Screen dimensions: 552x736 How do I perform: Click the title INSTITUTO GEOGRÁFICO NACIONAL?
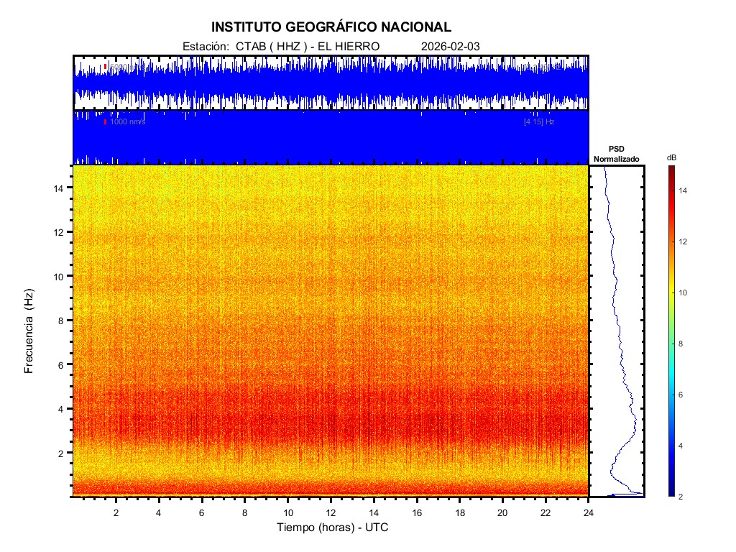[x=331, y=27]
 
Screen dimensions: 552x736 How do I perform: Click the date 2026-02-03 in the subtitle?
[x=450, y=46]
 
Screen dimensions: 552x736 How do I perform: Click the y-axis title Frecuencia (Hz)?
[x=29, y=331]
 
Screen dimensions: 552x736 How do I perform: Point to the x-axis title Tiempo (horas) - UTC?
[x=333, y=528]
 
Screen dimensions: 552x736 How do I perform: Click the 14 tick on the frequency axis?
[x=60, y=188]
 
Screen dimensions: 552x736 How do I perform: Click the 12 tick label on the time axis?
[x=331, y=512]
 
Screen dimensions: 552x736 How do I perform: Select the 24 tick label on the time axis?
[x=589, y=512]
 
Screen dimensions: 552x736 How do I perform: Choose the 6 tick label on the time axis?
[x=202, y=512]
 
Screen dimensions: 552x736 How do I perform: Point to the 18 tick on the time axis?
[x=460, y=512]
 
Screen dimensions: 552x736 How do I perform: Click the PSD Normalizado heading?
[x=616, y=154]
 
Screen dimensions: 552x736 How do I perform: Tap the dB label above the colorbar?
[x=671, y=157]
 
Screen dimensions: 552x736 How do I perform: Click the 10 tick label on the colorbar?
[x=684, y=293]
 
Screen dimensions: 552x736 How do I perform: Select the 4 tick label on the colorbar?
[x=682, y=446]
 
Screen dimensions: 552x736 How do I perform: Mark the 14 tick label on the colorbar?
[x=684, y=190]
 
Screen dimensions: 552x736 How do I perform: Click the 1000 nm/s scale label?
[x=127, y=122]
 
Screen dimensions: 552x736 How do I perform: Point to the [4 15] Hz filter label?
[x=539, y=122]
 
